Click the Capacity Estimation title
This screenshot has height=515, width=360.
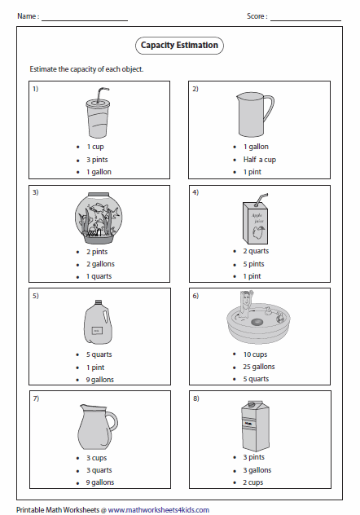(179, 46)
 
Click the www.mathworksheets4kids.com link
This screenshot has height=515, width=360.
(158, 509)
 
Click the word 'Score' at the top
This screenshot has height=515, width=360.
(256, 16)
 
